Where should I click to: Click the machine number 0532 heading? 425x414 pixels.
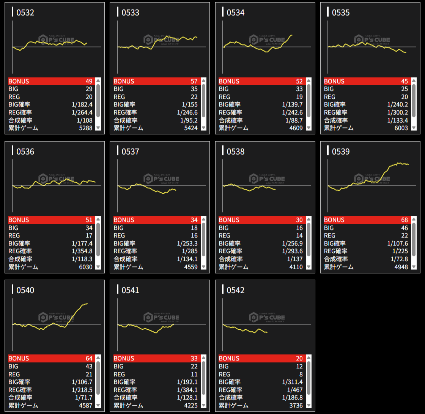pos(25,13)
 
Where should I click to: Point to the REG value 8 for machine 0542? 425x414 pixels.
pos(301,374)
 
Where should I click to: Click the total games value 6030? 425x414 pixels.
pos(85,267)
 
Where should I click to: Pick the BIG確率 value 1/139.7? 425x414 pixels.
pos(292,104)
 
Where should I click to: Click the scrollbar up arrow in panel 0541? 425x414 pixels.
pos(203,358)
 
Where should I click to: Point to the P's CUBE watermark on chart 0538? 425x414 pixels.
pos(267,179)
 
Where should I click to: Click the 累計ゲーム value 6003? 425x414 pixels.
pos(400,128)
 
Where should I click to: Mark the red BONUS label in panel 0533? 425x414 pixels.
pos(124,81)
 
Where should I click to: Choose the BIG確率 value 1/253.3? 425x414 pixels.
pos(187,243)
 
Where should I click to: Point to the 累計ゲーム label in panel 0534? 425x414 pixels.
pos(233,128)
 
